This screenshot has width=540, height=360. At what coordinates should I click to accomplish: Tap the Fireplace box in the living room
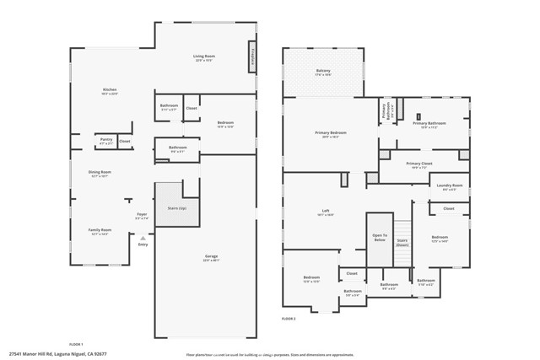[251, 56]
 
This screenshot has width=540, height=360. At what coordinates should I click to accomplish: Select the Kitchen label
[110, 90]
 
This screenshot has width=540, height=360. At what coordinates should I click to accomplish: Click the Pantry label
[105, 141]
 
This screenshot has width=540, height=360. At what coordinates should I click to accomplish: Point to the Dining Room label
[100, 173]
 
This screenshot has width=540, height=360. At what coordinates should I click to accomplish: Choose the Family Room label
[100, 230]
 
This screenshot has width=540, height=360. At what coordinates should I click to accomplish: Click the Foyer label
[142, 215]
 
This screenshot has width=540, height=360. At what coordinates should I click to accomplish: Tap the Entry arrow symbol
[143, 239]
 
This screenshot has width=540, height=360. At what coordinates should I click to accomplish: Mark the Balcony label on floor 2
[323, 72]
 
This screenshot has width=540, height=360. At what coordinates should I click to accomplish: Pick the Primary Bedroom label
[331, 133]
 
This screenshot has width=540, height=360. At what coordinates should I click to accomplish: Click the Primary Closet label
[418, 164]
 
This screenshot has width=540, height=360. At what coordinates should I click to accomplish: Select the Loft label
[325, 212]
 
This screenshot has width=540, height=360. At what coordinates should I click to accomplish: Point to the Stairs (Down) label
[402, 242]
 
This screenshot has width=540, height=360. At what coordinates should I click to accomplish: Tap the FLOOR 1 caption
[75, 344]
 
